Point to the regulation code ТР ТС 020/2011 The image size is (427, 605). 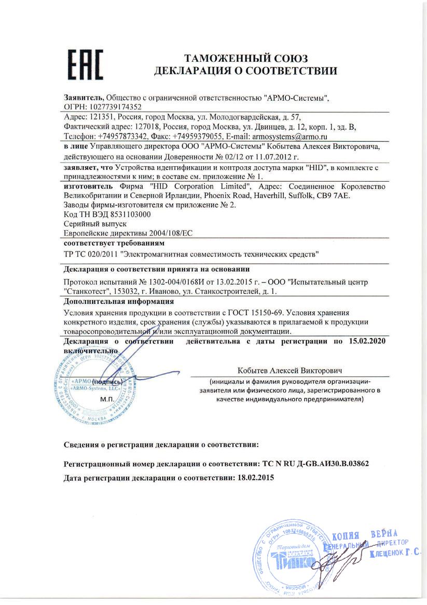click(x=90, y=254)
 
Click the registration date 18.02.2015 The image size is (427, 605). click(x=254, y=477)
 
